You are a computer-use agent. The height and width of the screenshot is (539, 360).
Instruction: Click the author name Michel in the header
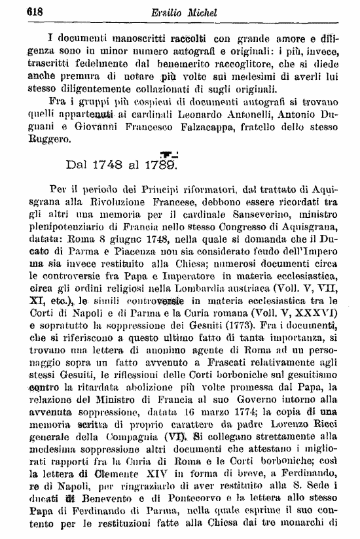(x=200, y=11)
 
